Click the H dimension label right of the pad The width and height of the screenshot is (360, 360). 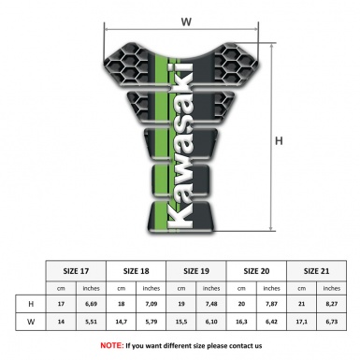click(280, 140)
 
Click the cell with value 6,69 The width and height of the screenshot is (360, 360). click(92, 304)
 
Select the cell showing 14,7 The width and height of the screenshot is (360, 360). click(122, 323)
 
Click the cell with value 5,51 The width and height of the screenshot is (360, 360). click(92, 323)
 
